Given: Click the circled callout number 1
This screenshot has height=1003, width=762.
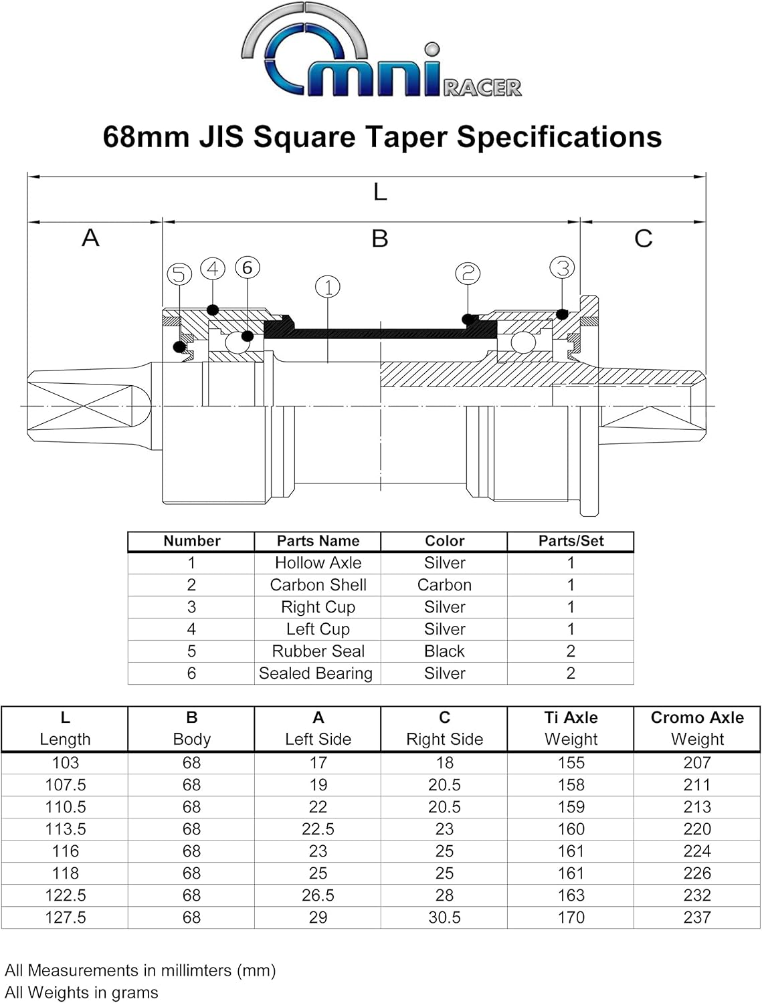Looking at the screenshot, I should (328, 288).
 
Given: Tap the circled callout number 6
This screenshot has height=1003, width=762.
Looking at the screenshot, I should (247, 267).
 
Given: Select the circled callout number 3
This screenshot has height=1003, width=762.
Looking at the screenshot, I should (562, 267).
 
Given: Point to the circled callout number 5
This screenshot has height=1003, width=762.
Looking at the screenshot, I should (179, 274).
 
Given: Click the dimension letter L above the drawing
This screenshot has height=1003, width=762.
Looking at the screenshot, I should (380, 193).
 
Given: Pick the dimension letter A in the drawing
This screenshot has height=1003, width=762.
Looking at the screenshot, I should (90, 238).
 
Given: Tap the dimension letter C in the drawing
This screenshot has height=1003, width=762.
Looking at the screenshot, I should (643, 239).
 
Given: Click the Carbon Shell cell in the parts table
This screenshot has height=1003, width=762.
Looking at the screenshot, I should (318, 585).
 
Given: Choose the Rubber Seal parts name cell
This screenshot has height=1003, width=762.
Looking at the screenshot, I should (318, 651).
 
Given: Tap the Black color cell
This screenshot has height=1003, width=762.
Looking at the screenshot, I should (444, 651).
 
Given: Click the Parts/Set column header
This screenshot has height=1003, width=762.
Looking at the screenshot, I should (571, 541).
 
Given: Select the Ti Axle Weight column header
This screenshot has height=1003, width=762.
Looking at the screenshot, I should (571, 728).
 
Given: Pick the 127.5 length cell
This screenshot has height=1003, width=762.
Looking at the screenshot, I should (65, 917).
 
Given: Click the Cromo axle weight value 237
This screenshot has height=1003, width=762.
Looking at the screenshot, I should (696, 917).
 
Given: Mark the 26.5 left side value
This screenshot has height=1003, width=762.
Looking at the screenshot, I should (318, 895).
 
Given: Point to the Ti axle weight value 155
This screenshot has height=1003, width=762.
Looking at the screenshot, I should (571, 763).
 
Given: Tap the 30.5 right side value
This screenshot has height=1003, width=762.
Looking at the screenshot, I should (444, 917).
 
